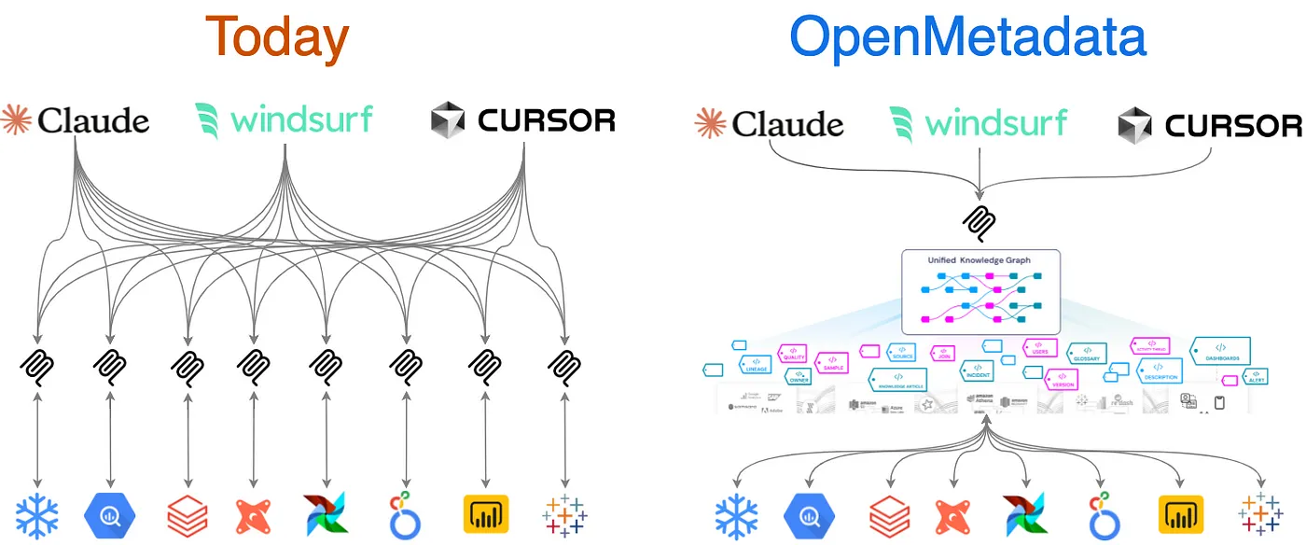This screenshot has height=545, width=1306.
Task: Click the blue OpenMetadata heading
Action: (x=967, y=37)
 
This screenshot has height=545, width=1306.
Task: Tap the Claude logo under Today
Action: (x=76, y=120)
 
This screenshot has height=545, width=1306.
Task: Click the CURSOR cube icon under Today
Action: (x=448, y=120)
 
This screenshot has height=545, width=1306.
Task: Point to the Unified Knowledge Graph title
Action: (x=979, y=260)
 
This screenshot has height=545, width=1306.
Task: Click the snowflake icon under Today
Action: (x=37, y=514)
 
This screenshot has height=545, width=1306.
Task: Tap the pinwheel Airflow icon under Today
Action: (x=326, y=514)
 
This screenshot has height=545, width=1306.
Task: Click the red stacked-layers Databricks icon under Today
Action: (x=187, y=514)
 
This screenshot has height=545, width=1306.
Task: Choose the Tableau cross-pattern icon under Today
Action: (x=564, y=514)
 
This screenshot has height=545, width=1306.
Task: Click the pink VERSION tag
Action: (x=1063, y=380)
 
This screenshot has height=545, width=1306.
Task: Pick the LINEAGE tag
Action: (x=756, y=365)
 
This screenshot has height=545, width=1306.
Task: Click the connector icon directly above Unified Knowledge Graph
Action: (x=979, y=221)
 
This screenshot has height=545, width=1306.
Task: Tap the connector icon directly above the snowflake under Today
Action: (x=37, y=363)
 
